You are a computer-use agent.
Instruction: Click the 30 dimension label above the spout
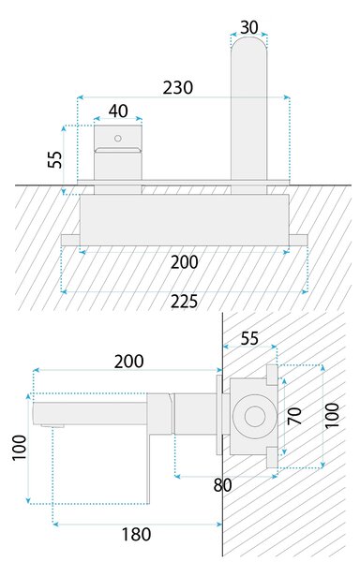point(248,27)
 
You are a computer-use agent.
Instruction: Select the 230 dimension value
point(178,88)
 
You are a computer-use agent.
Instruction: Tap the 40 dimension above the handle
point(118,111)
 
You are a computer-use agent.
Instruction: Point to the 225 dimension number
point(184,302)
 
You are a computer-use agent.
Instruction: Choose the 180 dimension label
point(136,535)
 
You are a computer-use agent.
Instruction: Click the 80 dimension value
point(223,485)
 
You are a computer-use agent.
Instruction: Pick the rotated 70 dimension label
point(294,416)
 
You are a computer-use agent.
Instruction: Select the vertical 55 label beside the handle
point(55,159)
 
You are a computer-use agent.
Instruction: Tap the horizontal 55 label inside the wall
point(249,338)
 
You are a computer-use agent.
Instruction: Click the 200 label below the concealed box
point(184,262)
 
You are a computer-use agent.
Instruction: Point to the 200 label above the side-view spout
point(129,362)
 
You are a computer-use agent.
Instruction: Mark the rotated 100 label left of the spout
point(19,448)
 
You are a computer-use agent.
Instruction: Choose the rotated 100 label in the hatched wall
point(332,415)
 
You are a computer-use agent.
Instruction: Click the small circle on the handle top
point(117,138)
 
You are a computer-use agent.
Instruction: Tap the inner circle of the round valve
point(255,417)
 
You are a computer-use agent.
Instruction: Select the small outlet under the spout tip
point(52,426)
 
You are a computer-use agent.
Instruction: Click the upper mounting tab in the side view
point(272,375)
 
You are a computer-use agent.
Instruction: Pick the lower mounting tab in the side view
point(272,458)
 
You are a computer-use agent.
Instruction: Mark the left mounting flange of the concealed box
point(70,240)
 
